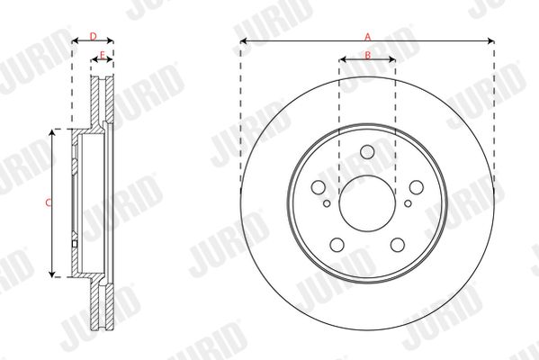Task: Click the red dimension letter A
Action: tap(367, 37)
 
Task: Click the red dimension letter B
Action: tap(367, 55)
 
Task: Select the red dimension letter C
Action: tap(48, 202)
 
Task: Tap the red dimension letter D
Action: tap(94, 36)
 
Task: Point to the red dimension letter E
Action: tap(102, 54)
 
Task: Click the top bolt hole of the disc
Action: tap(367, 152)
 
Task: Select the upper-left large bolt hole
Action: tap(318, 187)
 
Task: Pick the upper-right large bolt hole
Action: tap(417, 187)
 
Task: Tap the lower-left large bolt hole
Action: tap(337, 245)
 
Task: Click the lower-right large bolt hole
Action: tap(398, 245)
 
